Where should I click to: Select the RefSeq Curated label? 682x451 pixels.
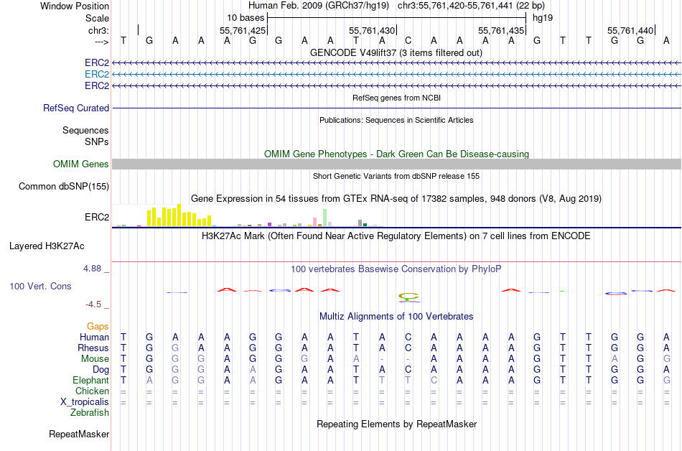pos(76,108)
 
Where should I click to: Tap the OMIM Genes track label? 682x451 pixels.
pos(81,164)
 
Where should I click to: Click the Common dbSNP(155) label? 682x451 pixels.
pos(64,186)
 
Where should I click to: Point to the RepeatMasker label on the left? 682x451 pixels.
pos(79,434)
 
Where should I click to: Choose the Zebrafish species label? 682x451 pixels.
pos(90,412)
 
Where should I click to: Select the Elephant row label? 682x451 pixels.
pos(90,380)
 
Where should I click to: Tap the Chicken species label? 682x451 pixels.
pos(93,391)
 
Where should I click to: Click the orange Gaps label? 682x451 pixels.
pos(98,326)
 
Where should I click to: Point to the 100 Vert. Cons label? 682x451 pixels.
pos(40,286)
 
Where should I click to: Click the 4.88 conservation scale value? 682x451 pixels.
pos(96,269)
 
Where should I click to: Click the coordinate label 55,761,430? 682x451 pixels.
pos(372,31)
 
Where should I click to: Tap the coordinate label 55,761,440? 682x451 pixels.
pos(630,31)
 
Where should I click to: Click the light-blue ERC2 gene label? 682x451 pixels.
pos(97,74)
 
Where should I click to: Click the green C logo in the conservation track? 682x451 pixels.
pos(408,296)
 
